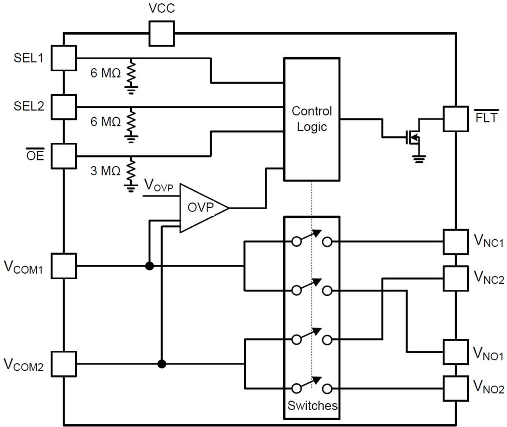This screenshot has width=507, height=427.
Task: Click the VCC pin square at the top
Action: (161, 33)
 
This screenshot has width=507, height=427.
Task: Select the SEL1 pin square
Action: (64, 58)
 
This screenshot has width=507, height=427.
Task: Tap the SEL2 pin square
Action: (64, 107)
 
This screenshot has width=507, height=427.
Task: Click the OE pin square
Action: (64, 156)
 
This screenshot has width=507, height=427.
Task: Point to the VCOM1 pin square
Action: (64, 266)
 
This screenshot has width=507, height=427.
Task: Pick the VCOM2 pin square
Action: (64, 364)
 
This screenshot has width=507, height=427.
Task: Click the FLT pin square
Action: (455, 119)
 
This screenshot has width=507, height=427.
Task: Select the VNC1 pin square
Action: (455, 242)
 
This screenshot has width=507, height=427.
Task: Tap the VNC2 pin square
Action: (455, 278)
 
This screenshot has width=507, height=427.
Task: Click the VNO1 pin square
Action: (455, 352)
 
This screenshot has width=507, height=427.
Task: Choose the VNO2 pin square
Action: (455, 388)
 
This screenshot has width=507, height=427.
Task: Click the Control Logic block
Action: (312, 120)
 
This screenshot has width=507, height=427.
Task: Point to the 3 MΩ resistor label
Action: (105, 171)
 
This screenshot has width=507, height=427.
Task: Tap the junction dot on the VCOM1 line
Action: (149, 266)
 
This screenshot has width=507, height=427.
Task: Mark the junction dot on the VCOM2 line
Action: (161, 364)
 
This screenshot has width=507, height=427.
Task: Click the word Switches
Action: (312, 405)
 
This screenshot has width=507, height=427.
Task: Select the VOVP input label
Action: (158, 185)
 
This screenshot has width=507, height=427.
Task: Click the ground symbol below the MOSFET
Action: (419, 159)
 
